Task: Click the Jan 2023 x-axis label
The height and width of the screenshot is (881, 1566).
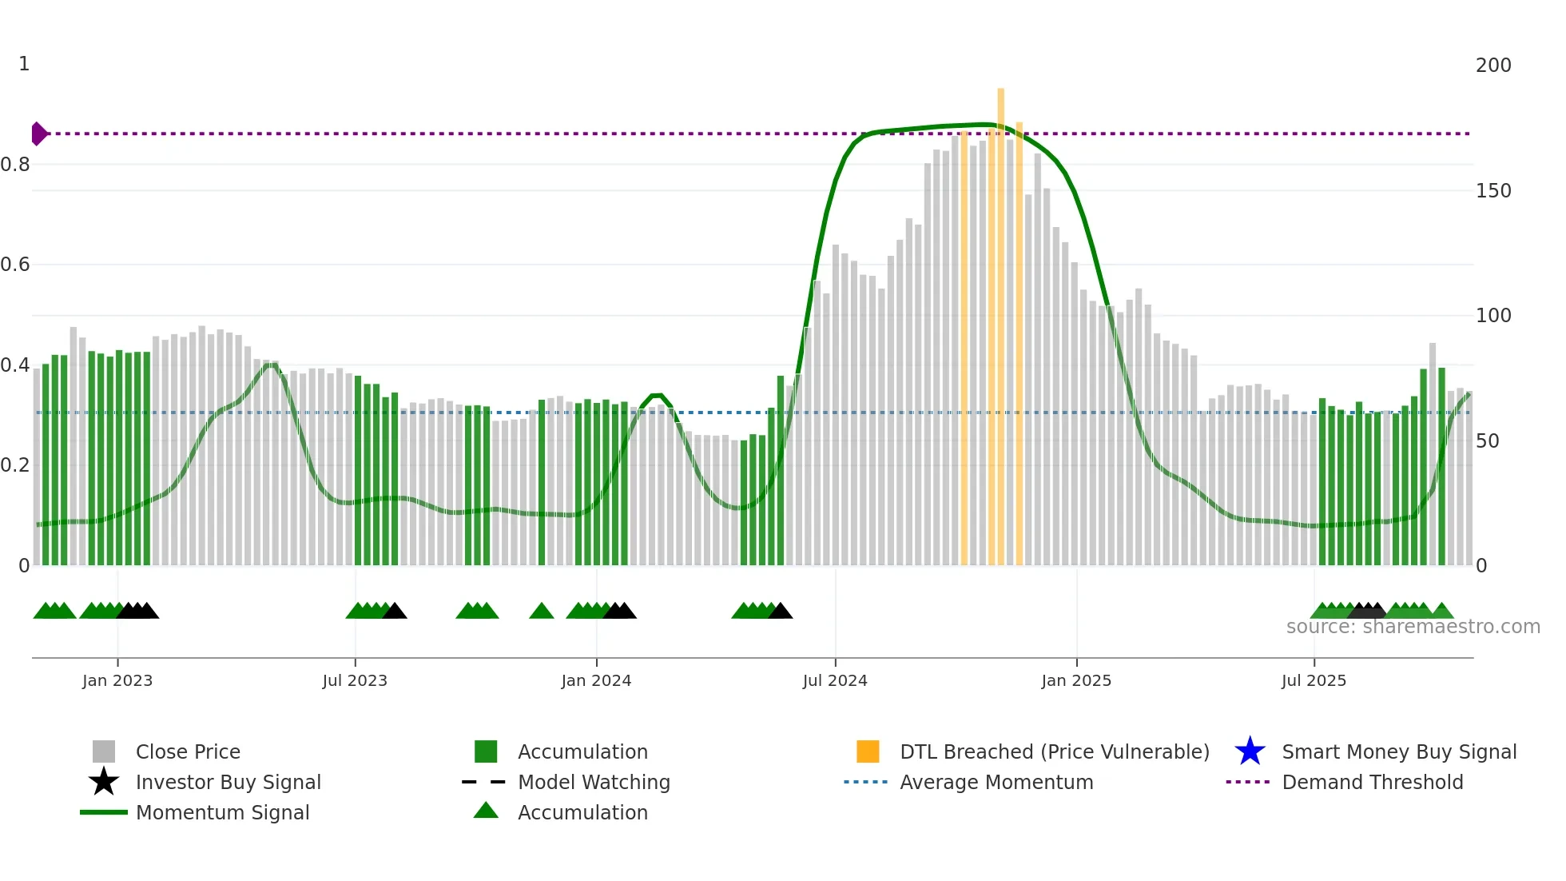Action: (x=117, y=680)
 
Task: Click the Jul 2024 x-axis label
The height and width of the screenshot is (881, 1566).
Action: (x=835, y=680)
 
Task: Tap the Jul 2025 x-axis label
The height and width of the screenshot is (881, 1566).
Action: (x=1314, y=680)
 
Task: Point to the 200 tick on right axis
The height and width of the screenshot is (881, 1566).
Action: (x=1492, y=66)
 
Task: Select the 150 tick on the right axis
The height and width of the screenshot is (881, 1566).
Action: (x=1492, y=191)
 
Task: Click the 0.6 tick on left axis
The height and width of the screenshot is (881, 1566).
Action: (x=15, y=265)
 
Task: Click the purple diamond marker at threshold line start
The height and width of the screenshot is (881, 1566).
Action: (x=38, y=134)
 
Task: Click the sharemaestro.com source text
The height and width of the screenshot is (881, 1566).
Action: (x=1413, y=627)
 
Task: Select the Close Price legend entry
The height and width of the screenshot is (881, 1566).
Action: (x=188, y=751)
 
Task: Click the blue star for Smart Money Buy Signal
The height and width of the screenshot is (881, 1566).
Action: (x=1250, y=751)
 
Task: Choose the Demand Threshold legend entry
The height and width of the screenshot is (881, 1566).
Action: (x=1372, y=782)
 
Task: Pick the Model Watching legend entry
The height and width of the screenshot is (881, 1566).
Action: (x=594, y=782)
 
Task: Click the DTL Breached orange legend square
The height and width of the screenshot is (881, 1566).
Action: (x=868, y=751)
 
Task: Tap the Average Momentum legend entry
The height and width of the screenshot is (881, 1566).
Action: (x=996, y=782)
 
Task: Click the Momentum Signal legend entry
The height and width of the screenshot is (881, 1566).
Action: (x=222, y=812)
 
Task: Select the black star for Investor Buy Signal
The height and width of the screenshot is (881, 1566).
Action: (x=104, y=782)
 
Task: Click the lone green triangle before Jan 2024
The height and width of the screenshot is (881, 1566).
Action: (x=541, y=612)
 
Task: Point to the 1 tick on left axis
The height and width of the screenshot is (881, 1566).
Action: (x=24, y=64)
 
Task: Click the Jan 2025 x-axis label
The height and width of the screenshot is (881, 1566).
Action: (x=1075, y=680)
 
